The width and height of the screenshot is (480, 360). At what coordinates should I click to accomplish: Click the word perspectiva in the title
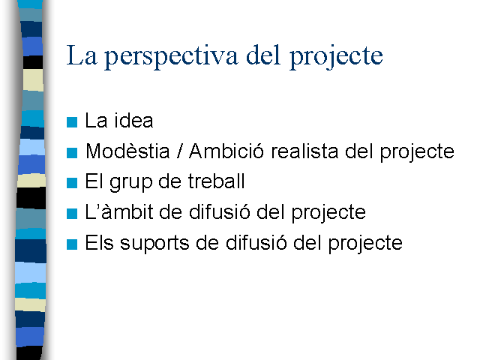coord(171,56)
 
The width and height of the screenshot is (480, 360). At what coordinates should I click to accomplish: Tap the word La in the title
coord(82,55)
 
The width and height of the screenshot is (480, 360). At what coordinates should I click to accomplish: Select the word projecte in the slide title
coord(336,57)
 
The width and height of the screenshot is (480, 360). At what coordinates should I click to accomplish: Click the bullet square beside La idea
coord(72,122)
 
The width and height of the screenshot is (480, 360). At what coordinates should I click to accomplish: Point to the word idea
coord(133,120)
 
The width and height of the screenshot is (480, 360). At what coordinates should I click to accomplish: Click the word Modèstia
coord(127,151)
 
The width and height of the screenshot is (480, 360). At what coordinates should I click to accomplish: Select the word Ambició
coord(226,151)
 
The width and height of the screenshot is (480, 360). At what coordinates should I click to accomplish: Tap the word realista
coord(304,151)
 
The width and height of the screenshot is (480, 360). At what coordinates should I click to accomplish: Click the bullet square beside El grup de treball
coord(72,183)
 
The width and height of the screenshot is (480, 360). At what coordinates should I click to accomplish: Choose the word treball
coord(217,181)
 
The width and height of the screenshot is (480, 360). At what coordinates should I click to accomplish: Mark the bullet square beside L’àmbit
coord(72,214)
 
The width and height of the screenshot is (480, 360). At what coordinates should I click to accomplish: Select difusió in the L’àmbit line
coord(220,211)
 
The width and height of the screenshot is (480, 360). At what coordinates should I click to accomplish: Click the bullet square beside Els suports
coord(72,244)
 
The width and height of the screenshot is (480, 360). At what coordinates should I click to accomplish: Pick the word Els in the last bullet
coord(99,242)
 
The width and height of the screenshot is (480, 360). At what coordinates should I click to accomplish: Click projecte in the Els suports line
coord(365,244)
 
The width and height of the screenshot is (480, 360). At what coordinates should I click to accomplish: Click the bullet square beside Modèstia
coord(72,153)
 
